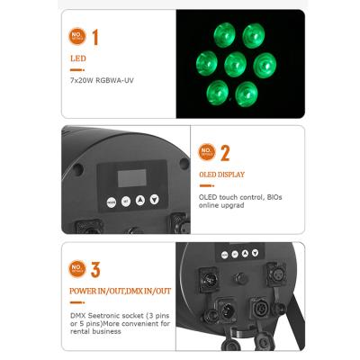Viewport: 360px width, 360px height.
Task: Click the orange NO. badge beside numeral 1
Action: pos(78,36)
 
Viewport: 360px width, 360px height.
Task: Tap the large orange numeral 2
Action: pos(225,153)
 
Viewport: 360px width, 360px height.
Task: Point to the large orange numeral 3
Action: pos(95,268)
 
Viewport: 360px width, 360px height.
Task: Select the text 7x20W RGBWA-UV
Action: pos(101,80)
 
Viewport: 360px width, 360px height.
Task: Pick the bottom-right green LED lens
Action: pos(245,93)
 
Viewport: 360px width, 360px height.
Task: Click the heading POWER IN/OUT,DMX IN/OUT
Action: pos(119,292)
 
